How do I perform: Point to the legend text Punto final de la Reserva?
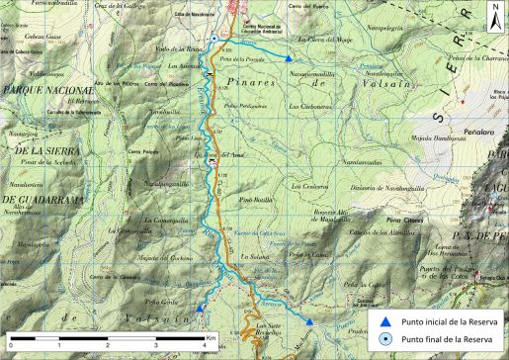450,339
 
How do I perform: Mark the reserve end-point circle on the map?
214,40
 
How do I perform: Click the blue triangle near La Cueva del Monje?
288,59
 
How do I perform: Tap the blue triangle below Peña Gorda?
200,308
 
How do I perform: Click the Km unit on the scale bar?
211,338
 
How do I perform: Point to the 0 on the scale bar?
10,345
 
